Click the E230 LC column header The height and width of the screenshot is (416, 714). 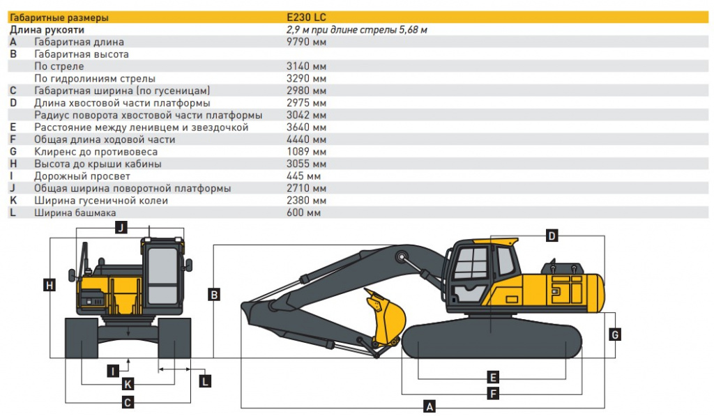click(x=306, y=17)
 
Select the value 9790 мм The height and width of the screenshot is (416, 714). click(x=306, y=42)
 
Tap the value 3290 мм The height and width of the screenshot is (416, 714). click(x=306, y=78)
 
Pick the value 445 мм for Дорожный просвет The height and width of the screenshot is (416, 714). click(x=303, y=176)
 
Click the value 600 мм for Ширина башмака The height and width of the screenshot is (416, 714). click(x=303, y=213)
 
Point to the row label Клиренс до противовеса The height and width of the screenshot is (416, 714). click(x=96, y=152)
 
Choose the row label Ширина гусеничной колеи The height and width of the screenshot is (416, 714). click(x=100, y=200)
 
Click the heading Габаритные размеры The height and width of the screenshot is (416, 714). click(x=59, y=17)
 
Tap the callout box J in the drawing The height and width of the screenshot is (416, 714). click(x=121, y=227)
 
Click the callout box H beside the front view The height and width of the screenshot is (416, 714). click(x=50, y=286)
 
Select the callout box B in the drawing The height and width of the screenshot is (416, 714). click(x=213, y=295)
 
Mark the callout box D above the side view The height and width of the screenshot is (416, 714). click(x=552, y=236)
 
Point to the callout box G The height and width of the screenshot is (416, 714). click(x=615, y=335)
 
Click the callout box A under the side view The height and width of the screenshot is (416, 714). click(x=429, y=406)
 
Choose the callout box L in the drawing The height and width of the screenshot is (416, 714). click(x=205, y=381)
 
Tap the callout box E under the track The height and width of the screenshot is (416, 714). click(x=493, y=377)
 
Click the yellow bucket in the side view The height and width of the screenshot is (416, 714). click(x=386, y=318)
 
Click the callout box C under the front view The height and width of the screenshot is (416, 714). click(x=128, y=402)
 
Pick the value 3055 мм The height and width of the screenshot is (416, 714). click(x=306, y=164)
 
